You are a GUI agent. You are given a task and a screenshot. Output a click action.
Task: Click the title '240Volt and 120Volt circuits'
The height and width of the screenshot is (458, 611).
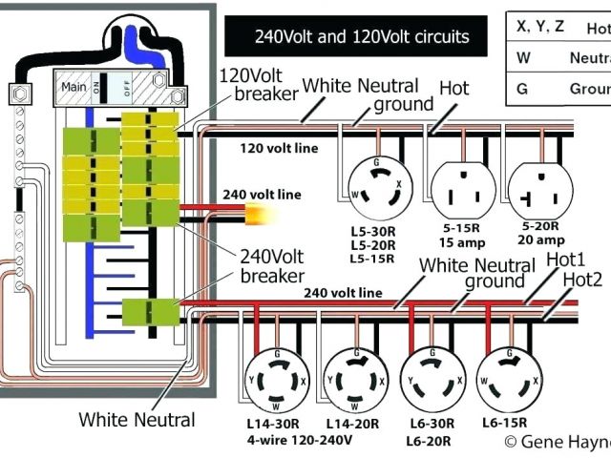(361, 37)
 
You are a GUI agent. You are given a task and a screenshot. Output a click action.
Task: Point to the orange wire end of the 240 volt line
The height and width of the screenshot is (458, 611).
(257, 214)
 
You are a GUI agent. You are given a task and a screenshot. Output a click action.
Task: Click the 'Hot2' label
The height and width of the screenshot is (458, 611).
(582, 280)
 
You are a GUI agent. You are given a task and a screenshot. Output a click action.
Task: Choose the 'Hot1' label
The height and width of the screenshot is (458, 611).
(567, 259)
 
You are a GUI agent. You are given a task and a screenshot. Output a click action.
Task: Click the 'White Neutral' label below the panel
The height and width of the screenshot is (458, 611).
(137, 419)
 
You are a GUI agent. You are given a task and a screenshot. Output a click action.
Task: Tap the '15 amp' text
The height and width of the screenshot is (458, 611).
(458, 243)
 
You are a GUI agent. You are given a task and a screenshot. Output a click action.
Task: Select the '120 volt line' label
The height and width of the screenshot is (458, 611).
(279, 148)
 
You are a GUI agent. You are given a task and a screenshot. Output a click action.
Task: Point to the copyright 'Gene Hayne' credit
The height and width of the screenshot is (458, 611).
(558, 440)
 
